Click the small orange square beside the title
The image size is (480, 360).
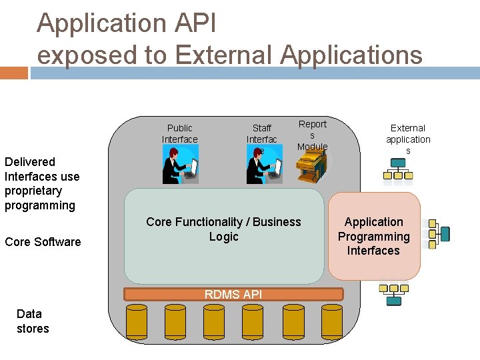click(13, 73)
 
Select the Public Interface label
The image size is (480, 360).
click(179, 133)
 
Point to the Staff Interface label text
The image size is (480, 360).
click(261, 134)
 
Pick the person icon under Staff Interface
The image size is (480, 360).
click(263, 165)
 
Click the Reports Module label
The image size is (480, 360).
click(312, 135)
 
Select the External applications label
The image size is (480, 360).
click(408, 139)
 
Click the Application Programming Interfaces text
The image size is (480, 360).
click(373, 236)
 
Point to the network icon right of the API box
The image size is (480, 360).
click(438, 233)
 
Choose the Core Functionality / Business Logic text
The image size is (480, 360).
click(223, 229)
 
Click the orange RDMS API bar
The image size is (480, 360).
click(233, 294)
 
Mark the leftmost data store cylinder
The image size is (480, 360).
click(137, 321)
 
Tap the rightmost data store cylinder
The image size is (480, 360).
click(331, 321)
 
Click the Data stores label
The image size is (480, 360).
click(33, 321)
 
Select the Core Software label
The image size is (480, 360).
click(43, 241)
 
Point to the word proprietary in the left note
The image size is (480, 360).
click(33, 191)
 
